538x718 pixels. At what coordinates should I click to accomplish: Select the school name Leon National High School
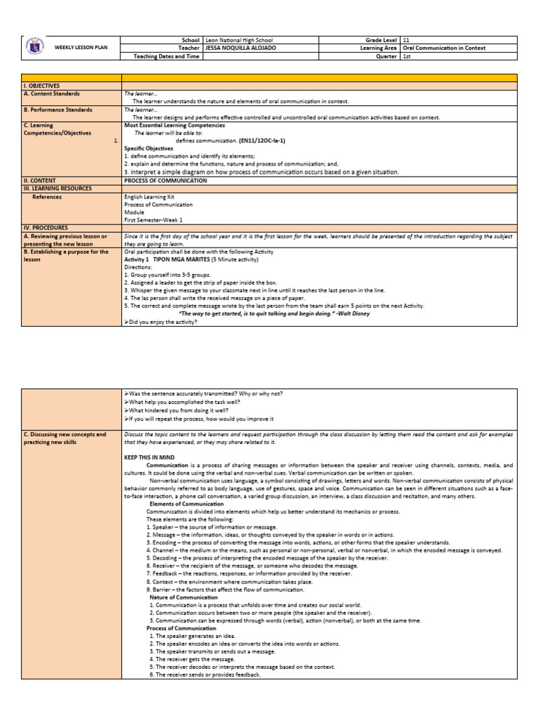pyautogui.click(x=239, y=41)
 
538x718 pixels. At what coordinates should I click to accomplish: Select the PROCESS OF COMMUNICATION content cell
pyautogui.click(x=165, y=180)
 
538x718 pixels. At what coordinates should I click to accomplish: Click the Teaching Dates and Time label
pyautogui.click(x=166, y=57)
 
